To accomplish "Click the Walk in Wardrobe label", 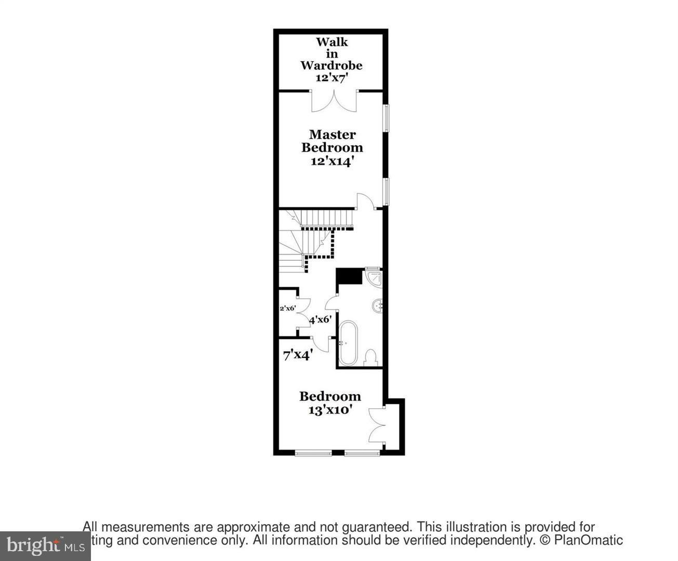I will tap(331, 54).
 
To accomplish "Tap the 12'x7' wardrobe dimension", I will tap(331, 77).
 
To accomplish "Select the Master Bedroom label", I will tap(332, 141).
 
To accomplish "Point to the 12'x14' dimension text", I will tap(332, 161).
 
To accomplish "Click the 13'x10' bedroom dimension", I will tap(330, 409).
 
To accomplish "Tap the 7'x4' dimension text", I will tap(297, 356).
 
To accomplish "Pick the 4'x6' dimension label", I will tap(320, 320).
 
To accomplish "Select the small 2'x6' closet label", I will tap(287, 308).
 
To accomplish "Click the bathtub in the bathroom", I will tap(348, 343).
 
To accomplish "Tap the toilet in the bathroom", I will tap(370, 357).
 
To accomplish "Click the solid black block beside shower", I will tap(349, 276).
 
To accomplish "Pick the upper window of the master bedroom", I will tap(386, 117).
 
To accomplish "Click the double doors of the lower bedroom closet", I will tap(376, 425).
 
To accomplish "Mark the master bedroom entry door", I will tap(365, 201).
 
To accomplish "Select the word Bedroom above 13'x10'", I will tap(330, 396).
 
